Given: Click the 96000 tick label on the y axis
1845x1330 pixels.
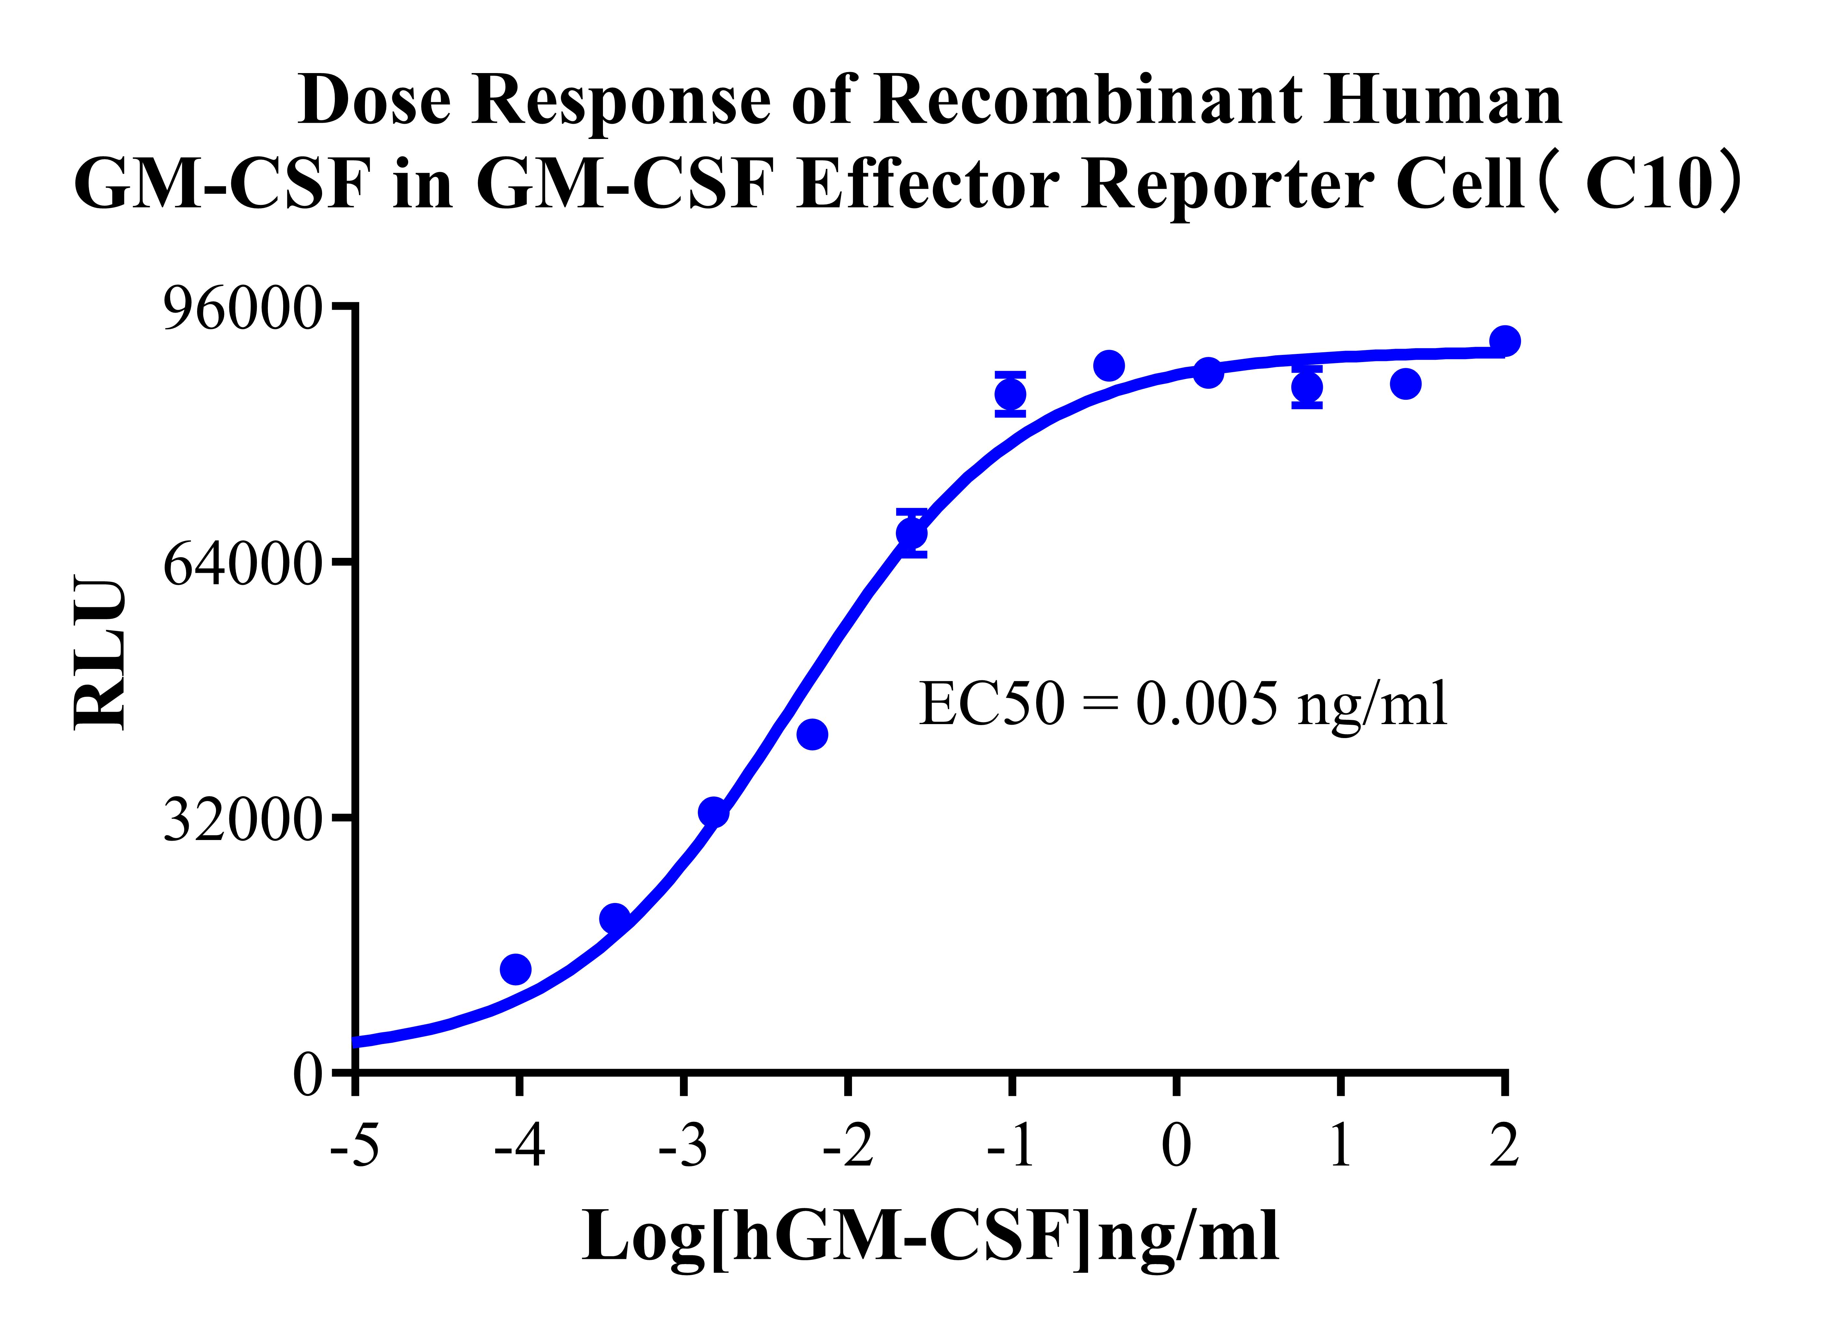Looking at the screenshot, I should pyautogui.click(x=243, y=310).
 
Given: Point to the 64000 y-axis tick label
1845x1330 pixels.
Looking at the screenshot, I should pyautogui.click(x=243, y=564).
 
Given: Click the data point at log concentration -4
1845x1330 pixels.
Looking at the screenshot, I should pyautogui.click(x=516, y=969).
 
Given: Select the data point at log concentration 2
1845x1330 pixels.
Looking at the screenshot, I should pyautogui.click(x=1504, y=341).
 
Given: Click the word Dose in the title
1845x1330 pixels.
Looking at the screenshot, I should pyautogui.click(x=375, y=101).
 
